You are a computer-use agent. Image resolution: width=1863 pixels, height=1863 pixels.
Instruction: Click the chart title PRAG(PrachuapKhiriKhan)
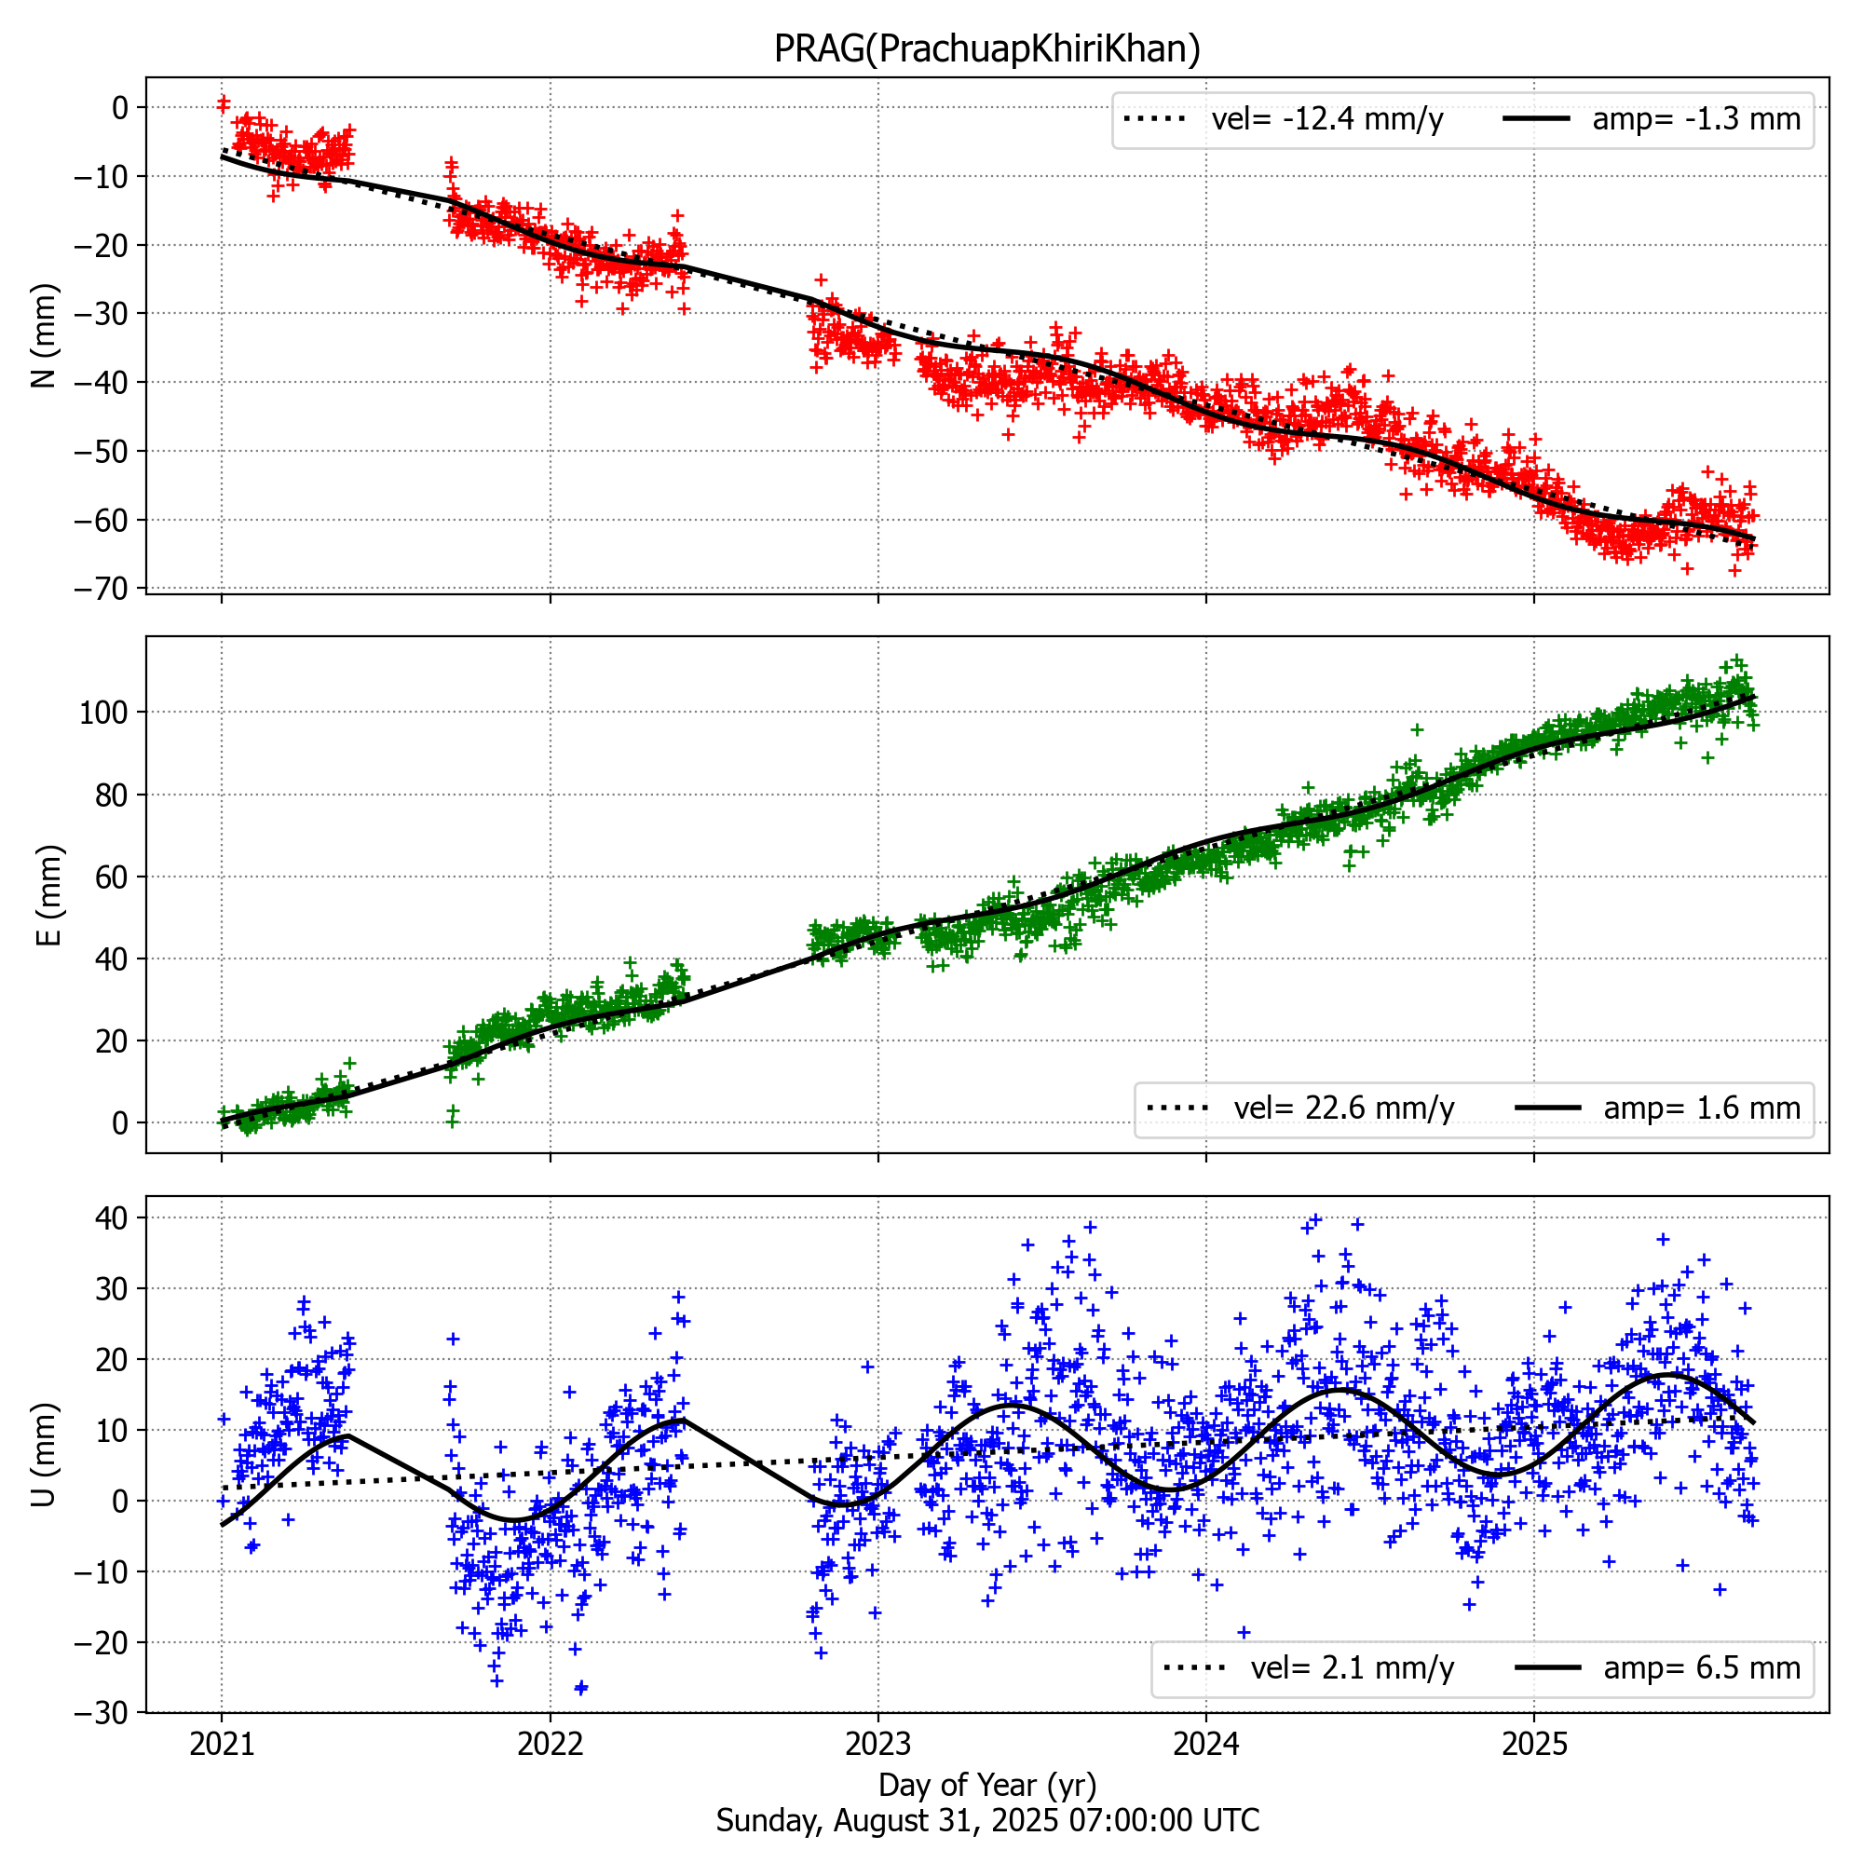[x=986, y=48]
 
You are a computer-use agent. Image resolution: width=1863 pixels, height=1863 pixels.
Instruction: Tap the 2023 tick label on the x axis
[x=877, y=1744]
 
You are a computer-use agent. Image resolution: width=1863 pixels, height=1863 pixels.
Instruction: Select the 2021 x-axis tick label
[x=222, y=1744]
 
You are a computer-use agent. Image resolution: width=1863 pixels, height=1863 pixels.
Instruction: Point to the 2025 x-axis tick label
[x=1534, y=1744]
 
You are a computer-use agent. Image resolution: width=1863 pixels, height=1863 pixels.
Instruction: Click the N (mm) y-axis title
[x=45, y=335]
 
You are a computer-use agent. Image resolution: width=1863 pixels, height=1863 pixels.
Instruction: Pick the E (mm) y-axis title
[x=48, y=895]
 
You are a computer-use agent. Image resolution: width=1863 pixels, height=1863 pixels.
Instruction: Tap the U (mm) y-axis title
[x=45, y=1454]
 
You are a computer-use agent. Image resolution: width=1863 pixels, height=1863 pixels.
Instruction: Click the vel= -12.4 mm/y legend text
[x=1326, y=119]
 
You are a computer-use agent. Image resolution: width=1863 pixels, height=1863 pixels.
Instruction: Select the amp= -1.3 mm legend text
[x=1696, y=119]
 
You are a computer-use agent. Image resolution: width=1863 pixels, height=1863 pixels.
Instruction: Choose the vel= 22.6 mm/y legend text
[x=1343, y=1108]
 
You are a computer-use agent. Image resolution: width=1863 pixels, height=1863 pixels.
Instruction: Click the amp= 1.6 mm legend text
[x=1702, y=1108]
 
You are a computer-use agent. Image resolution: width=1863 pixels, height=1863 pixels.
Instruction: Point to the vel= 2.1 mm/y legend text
[x=1352, y=1667]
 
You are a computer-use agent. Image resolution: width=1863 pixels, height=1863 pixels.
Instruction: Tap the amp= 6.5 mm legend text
[x=1702, y=1667]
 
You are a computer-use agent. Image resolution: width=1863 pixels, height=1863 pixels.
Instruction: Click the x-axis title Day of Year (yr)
[x=986, y=1785]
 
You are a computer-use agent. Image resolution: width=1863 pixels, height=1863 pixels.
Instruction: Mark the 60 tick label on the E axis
[x=112, y=877]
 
